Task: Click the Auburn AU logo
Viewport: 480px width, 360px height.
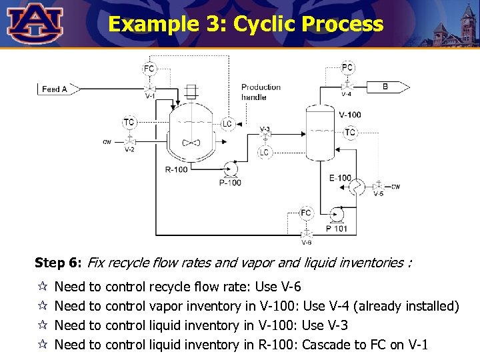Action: pyautogui.click(x=34, y=23)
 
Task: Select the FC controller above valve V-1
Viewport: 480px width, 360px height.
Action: pyautogui.click(x=149, y=68)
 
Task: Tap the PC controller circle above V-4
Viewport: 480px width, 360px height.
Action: pyautogui.click(x=347, y=67)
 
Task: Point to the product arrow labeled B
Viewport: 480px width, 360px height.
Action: pyautogui.click(x=386, y=87)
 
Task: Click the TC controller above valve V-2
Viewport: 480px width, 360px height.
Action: pyautogui.click(x=129, y=123)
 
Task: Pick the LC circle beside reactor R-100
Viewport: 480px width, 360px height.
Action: pyautogui.click(x=227, y=123)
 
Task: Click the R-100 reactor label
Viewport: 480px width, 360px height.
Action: pyautogui.click(x=177, y=170)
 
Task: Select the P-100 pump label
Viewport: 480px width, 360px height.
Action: pyautogui.click(x=230, y=182)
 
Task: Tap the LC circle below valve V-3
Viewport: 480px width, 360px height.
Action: pyautogui.click(x=264, y=153)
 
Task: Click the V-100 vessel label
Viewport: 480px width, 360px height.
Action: pyautogui.click(x=350, y=115)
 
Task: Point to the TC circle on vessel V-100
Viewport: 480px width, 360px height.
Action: pyautogui.click(x=350, y=133)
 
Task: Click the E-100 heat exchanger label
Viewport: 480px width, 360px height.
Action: pyautogui.click(x=340, y=177)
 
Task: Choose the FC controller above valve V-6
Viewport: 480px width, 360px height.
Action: pyautogui.click(x=305, y=213)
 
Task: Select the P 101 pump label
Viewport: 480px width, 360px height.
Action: pyautogui.click(x=337, y=229)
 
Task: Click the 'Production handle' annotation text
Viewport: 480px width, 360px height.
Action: pyautogui.click(x=261, y=92)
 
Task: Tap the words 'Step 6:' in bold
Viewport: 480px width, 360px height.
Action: pyautogui.click(x=58, y=263)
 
